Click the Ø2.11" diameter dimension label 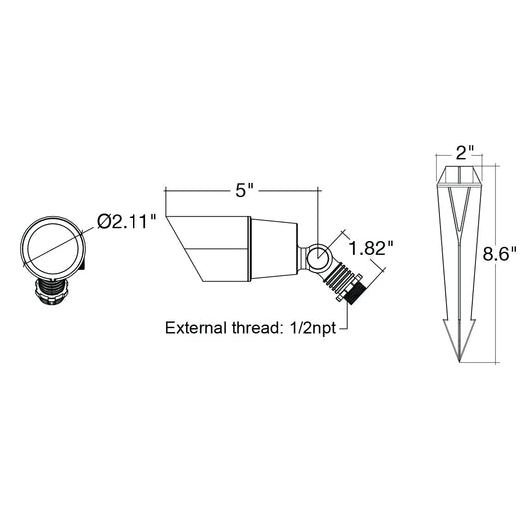click(x=127, y=222)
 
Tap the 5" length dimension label click(x=245, y=191)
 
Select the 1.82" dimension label click(x=372, y=249)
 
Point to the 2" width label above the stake click(x=466, y=153)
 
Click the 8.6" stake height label click(x=500, y=254)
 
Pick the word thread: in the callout click(x=258, y=328)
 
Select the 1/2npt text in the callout click(x=312, y=328)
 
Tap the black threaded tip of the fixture click(x=355, y=293)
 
